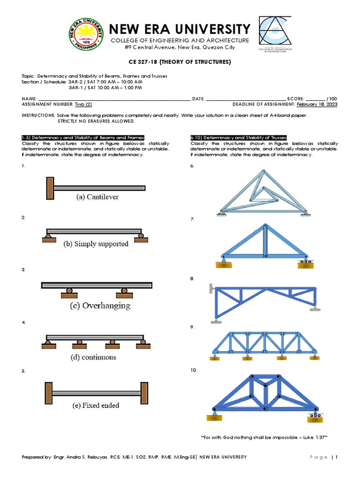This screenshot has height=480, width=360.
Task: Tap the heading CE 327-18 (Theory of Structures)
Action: click(180, 62)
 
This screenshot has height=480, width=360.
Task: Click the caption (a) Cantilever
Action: click(97, 197)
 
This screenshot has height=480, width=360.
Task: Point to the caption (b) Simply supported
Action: click(95, 244)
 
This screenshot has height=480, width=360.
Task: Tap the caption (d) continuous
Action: click(93, 357)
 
